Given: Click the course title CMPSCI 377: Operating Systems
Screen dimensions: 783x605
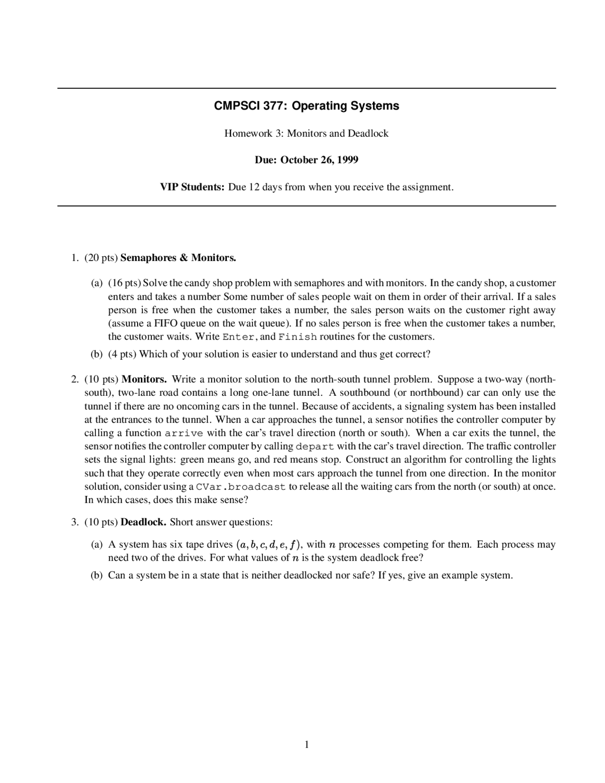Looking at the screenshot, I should [x=306, y=106].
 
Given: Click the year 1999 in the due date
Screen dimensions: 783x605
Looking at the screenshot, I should [x=347, y=160].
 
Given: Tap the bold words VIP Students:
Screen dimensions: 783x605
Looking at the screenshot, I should [x=192, y=187].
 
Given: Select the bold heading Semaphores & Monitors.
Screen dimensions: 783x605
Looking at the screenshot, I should [x=178, y=258].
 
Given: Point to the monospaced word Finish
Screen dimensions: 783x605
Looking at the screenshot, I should [x=298, y=337].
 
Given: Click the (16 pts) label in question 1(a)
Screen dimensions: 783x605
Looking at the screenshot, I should [x=124, y=283].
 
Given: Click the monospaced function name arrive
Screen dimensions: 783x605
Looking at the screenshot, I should [x=184, y=433].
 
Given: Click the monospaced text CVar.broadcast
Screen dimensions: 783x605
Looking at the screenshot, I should [x=241, y=487].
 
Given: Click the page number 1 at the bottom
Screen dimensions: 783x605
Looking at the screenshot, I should [x=307, y=745].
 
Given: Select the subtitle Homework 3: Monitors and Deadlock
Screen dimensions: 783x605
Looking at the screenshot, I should [x=306, y=133].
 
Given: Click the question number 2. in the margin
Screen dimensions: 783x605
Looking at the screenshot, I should [x=75, y=379].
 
